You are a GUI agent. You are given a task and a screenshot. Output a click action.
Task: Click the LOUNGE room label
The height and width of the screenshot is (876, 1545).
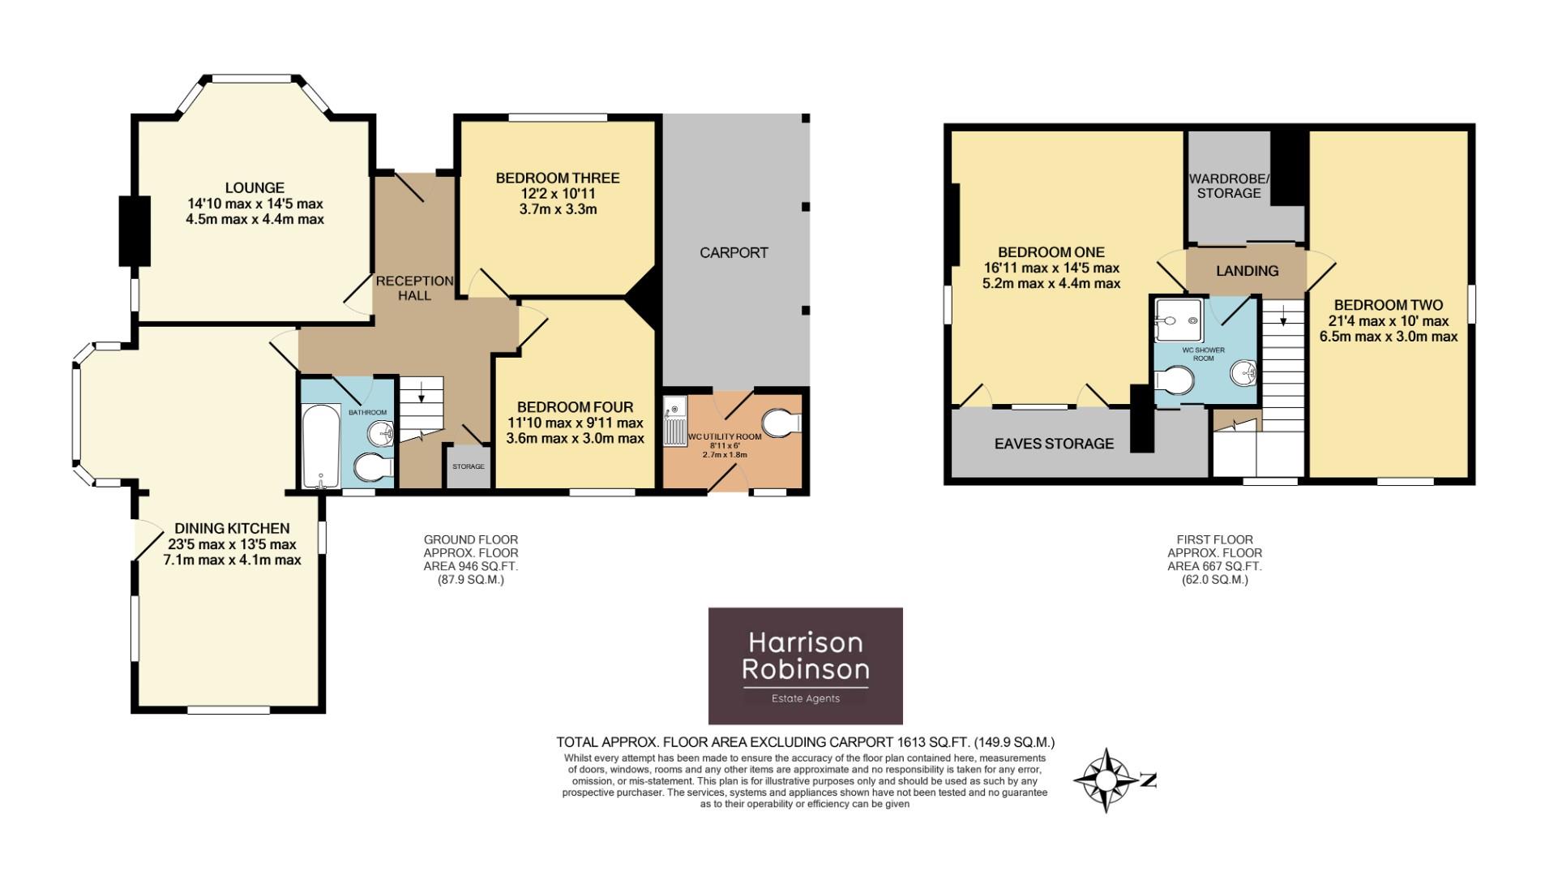pyautogui.click(x=255, y=187)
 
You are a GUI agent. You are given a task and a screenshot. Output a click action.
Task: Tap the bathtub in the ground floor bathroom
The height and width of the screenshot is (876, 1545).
pyautogui.click(x=321, y=445)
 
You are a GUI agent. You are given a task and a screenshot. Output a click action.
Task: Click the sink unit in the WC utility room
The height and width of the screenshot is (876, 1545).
pyautogui.click(x=674, y=422)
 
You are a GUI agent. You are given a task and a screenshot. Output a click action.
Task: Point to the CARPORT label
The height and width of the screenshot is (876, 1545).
pyautogui.click(x=734, y=252)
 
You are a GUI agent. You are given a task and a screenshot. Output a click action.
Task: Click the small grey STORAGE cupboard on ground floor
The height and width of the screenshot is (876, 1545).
pyautogui.click(x=469, y=466)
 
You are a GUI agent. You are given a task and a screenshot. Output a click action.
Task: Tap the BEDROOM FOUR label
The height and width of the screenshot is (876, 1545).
pyautogui.click(x=575, y=407)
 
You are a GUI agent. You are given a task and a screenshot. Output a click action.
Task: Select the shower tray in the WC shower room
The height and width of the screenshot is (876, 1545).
pyautogui.click(x=1178, y=320)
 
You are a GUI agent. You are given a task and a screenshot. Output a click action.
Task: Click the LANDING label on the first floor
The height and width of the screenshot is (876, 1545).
pyautogui.click(x=1247, y=271)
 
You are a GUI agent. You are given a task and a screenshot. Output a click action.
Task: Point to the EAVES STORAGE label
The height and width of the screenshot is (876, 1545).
pyautogui.click(x=1054, y=444)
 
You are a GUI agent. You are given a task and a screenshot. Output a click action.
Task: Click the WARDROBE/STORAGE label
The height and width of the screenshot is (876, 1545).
pyautogui.click(x=1229, y=186)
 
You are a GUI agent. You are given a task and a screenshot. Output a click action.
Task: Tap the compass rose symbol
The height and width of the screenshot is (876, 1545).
pyautogui.click(x=1106, y=780)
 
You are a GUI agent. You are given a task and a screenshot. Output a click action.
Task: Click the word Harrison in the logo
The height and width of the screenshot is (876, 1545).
pyautogui.click(x=805, y=642)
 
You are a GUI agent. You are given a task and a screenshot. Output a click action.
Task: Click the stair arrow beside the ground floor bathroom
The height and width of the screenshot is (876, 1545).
pyautogui.click(x=422, y=395)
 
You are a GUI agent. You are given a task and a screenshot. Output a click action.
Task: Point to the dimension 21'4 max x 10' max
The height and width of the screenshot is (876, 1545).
pyautogui.click(x=1388, y=321)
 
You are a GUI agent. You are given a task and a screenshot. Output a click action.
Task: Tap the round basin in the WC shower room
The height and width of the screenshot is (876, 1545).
pyautogui.click(x=1243, y=373)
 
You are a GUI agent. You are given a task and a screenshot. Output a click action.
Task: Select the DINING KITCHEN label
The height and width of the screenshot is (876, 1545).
pyautogui.click(x=232, y=529)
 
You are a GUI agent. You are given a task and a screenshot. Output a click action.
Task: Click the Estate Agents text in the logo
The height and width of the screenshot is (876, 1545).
pyautogui.click(x=805, y=698)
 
